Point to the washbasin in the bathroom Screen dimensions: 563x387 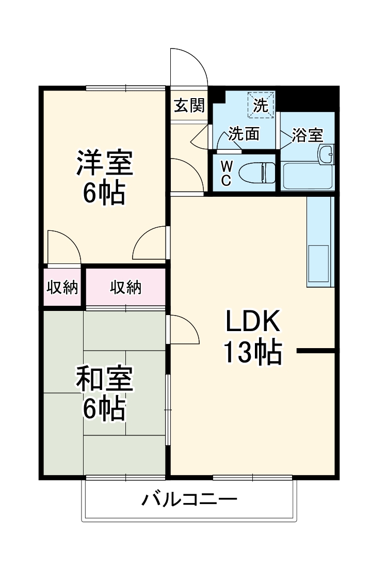(326, 153)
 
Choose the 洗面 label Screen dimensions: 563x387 (244, 134)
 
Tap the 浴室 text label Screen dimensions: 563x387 (308, 135)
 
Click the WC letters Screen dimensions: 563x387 (227, 173)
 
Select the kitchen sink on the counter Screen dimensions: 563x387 (318, 263)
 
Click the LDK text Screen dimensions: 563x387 (252, 322)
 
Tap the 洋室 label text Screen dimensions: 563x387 (105, 163)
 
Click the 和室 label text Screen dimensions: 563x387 (105, 380)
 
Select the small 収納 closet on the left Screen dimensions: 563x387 (62, 288)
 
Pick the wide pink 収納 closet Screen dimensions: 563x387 (126, 288)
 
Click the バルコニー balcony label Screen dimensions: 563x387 (190, 499)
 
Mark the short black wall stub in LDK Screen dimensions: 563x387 (316, 352)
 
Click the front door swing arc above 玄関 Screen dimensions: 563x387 (189, 67)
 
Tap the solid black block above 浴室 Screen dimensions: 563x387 (308, 98)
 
